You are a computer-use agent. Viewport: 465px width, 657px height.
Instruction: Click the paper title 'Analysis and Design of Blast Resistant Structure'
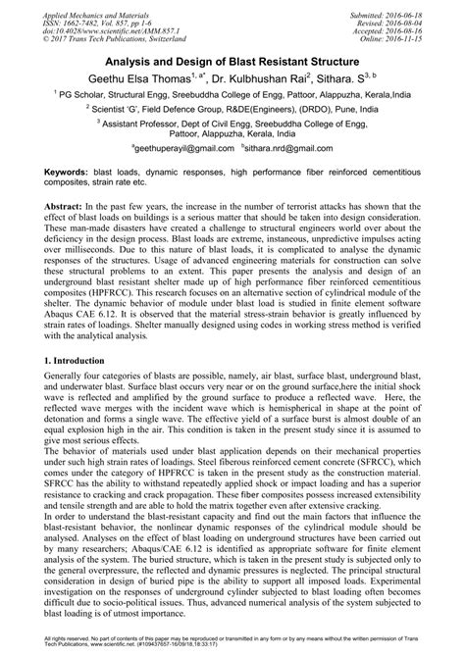coord(232,61)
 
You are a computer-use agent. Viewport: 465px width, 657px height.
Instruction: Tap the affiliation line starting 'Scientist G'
coord(232,112)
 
